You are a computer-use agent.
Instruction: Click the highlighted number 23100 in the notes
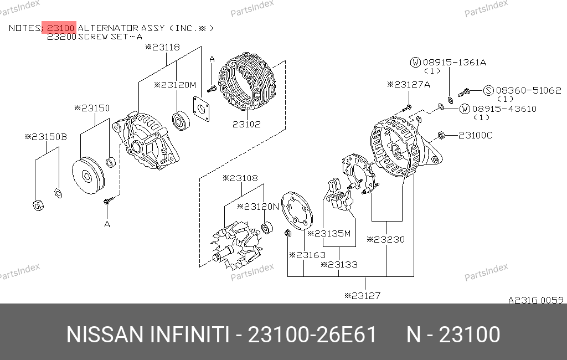tap(61, 28)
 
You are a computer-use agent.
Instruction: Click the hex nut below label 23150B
tap(38, 205)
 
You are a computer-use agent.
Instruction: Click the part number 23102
tap(246, 124)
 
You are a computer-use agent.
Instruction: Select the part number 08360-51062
tap(528, 90)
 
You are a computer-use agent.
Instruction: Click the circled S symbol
tap(488, 90)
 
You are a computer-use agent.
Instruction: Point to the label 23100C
tap(475, 135)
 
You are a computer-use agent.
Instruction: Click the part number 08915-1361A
tap(454, 62)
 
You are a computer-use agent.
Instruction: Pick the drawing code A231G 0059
tap(536, 300)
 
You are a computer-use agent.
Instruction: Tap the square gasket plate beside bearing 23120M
tap(201, 109)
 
